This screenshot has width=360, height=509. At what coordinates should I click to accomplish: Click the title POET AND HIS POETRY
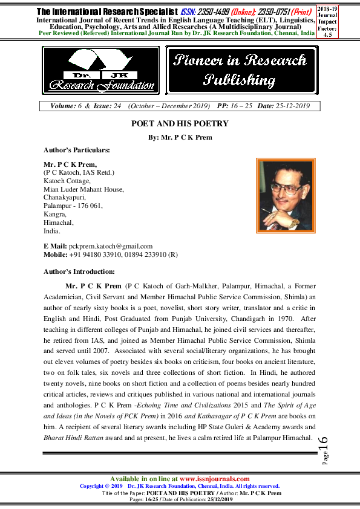click(180, 124)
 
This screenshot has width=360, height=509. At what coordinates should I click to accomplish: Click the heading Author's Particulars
click(77, 149)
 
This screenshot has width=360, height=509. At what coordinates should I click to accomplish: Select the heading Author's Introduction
click(79, 271)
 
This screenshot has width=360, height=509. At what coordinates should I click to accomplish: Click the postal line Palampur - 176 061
click(73, 206)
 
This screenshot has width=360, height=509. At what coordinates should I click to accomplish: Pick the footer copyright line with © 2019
click(180, 485)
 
